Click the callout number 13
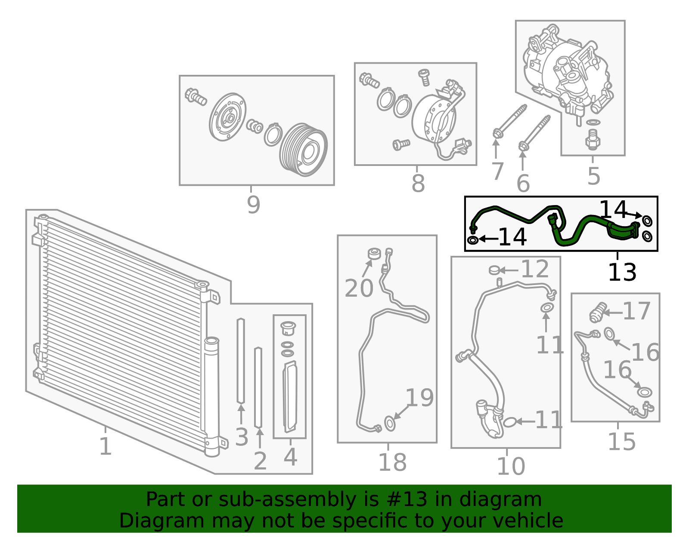click(x=622, y=272)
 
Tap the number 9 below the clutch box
click(x=253, y=205)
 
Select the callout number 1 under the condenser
click(x=105, y=446)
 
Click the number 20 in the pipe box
click(x=359, y=288)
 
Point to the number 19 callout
click(x=419, y=398)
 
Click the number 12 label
click(x=534, y=270)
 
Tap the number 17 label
click(x=636, y=311)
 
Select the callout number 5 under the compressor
click(x=593, y=176)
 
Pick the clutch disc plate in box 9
click(x=228, y=117)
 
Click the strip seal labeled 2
click(x=258, y=387)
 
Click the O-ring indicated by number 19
click(x=389, y=423)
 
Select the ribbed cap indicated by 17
click(x=598, y=313)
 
